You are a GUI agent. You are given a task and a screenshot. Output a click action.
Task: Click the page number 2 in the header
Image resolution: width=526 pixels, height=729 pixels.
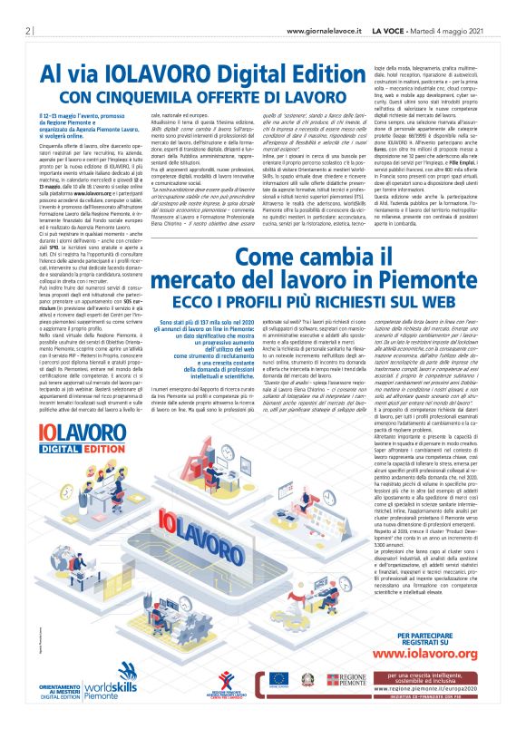(x=19, y=30)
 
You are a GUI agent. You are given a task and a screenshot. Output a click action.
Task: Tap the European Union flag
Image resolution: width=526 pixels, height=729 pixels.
(x=278, y=679)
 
